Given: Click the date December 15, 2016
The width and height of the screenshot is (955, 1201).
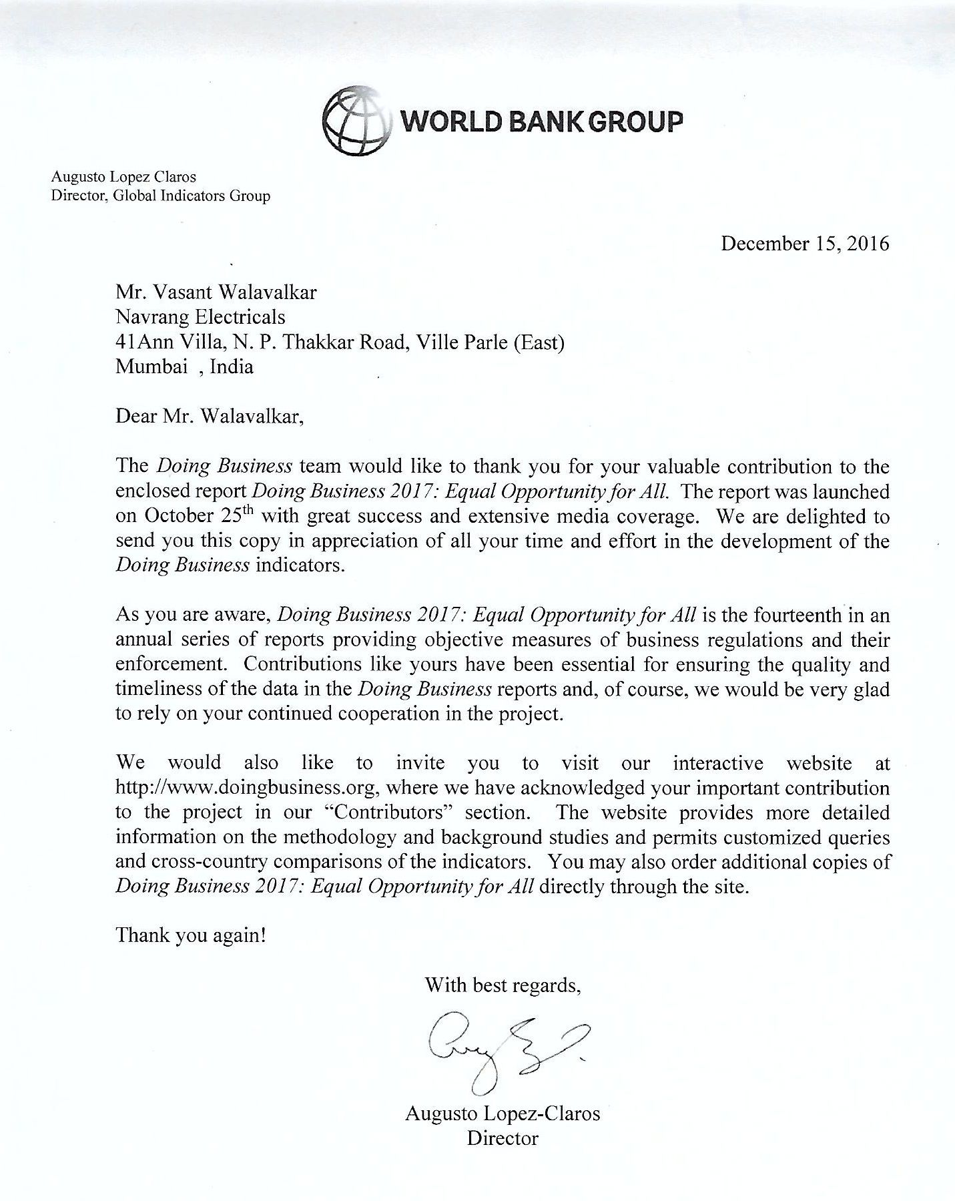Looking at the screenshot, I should [x=805, y=243].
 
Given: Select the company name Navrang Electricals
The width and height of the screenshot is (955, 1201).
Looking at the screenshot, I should [x=200, y=316].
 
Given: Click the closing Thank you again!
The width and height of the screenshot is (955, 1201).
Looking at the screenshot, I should [x=192, y=935].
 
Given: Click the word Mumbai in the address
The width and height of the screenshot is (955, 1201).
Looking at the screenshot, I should [x=151, y=367].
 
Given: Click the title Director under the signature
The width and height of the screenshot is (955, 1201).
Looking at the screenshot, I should [x=503, y=1138].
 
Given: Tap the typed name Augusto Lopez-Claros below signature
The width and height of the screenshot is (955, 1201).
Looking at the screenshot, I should [x=503, y=1114].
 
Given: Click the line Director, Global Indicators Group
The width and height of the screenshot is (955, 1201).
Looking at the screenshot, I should [x=161, y=196].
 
